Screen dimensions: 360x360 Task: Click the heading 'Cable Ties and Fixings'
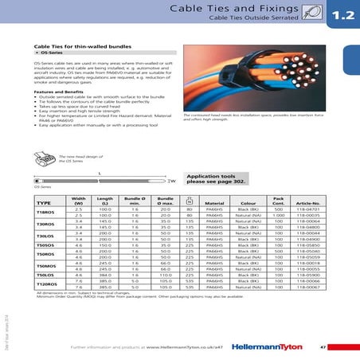click(x=238, y=9)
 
